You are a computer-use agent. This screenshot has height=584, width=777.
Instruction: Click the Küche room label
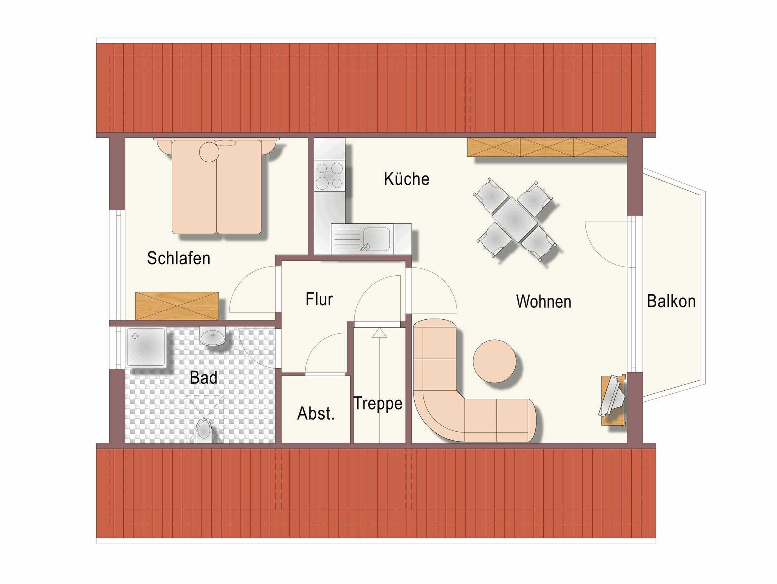coord(406,179)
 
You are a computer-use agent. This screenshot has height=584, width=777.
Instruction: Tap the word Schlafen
coord(178,258)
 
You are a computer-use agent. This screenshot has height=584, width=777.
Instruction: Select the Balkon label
coord(671,301)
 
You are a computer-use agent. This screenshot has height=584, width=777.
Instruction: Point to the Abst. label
coord(316,413)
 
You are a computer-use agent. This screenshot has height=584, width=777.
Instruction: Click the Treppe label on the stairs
coord(377,403)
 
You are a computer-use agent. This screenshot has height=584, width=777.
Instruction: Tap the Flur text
coord(319,299)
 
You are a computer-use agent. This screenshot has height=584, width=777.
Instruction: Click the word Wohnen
coord(543,301)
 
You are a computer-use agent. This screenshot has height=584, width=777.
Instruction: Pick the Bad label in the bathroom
coord(203,377)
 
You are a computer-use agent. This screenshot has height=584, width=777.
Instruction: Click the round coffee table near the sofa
coord(494,361)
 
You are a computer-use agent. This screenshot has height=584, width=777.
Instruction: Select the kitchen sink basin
coord(376,239)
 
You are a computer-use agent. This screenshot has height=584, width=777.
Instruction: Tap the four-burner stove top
coord(329,176)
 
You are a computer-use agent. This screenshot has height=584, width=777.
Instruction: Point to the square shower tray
coord(146,347)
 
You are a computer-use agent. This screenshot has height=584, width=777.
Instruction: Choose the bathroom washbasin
coord(213,336)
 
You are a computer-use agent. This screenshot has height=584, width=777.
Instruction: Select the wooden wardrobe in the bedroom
coord(177,306)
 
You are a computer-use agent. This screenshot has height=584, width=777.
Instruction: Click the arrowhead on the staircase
coord(379,333)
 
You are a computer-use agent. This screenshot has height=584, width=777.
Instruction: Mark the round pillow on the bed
coord(209,152)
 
